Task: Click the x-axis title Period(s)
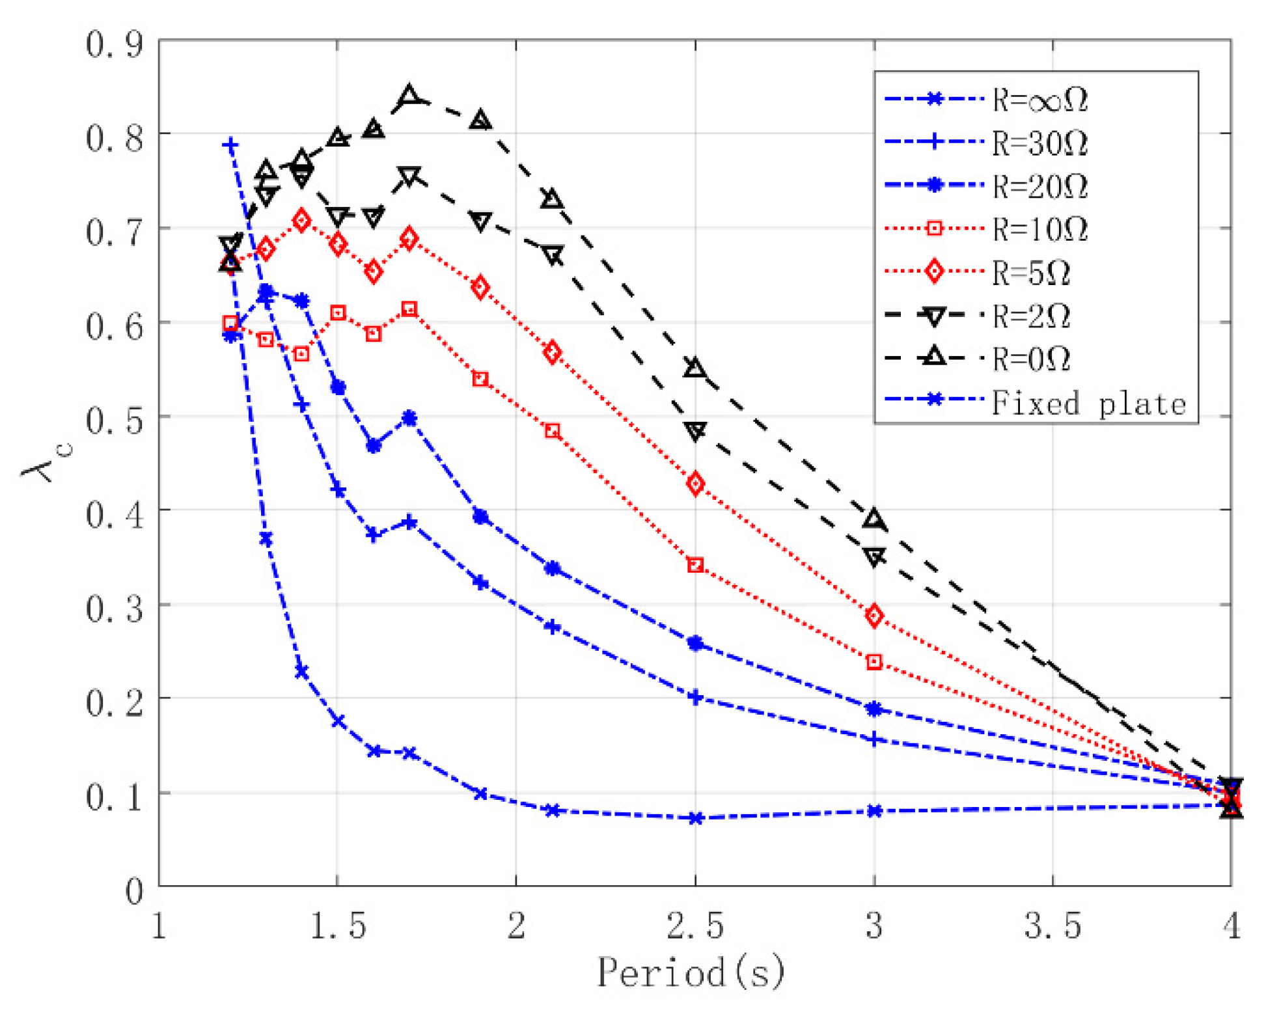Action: (691, 972)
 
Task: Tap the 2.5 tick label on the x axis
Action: (695, 925)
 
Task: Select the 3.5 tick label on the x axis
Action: (1053, 925)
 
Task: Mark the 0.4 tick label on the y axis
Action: (115, 514)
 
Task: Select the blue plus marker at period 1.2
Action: (230, 144)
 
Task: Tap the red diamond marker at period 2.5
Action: (695, 484)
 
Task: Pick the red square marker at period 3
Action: (874, 662)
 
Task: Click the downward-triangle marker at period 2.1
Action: (553, 254)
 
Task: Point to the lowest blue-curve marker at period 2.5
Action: (695, 818)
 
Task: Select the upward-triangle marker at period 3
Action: (874, 519)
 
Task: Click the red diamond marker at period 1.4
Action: (301, 220)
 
